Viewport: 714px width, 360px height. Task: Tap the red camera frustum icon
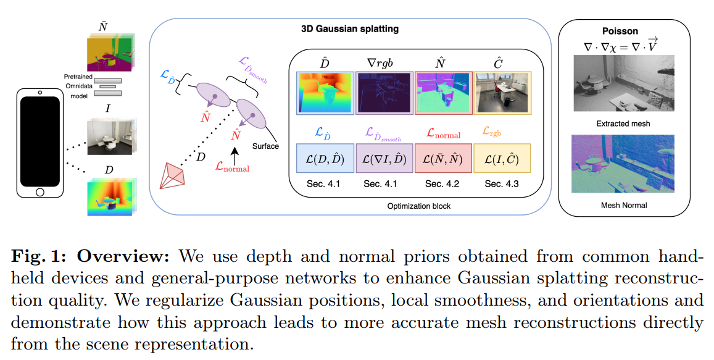pos(175,175)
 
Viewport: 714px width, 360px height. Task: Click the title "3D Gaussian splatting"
pos(349,28)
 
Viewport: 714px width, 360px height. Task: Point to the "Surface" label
pos(265,146)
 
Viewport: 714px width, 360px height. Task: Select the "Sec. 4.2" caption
pos(442,184)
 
